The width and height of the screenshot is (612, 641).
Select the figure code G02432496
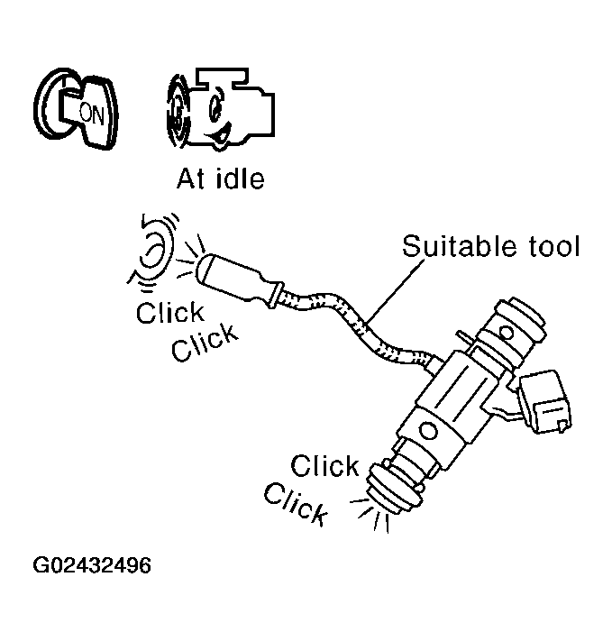pyautogui.click(x=92, y=566)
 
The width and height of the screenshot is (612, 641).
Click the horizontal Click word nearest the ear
pyautogui.click(x=170, y=313)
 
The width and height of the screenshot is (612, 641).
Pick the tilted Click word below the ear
pyautogui.click(x=206, y=342)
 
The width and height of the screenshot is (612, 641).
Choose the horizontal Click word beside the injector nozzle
pyautogui.click(x=325, y=467)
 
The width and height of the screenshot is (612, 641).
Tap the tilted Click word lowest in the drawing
pyautogui.click(x=296, y=504)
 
